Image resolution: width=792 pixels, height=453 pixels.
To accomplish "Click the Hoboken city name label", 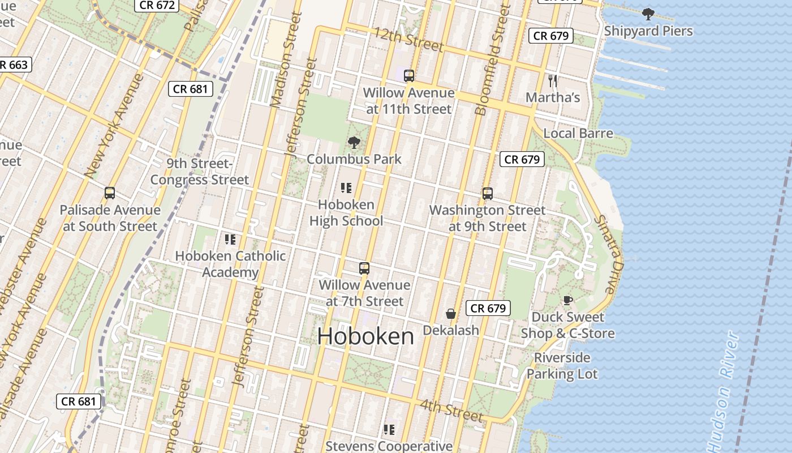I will click(365, 336).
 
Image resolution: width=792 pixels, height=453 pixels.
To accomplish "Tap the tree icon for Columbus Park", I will click(354, 142).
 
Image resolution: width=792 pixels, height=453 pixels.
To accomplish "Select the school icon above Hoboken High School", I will click(346, 187).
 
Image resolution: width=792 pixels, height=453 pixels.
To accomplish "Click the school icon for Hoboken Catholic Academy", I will click(230, 239).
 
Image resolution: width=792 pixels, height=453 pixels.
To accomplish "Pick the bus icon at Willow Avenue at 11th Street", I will click(408, 75).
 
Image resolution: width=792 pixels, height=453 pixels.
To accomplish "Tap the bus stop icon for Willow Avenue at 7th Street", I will click(364, 268).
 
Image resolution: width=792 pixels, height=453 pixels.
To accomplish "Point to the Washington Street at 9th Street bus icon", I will click(487, 193).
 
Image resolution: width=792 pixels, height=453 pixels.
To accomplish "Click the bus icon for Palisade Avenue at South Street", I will click(110, 193).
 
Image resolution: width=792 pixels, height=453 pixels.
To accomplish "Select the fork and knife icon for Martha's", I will click(553, 81).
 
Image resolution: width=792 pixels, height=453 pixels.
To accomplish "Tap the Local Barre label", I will click(578, 133).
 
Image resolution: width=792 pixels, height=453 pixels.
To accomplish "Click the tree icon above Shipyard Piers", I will click(648, 14).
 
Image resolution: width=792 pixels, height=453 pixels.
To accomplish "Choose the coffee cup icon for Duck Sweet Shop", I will click(567, 300).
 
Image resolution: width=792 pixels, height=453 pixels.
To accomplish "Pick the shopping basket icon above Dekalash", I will click(451, 313).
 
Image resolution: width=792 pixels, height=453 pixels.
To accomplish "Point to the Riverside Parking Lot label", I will click(562, 366).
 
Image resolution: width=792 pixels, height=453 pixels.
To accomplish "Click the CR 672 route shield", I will click(157, 5).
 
